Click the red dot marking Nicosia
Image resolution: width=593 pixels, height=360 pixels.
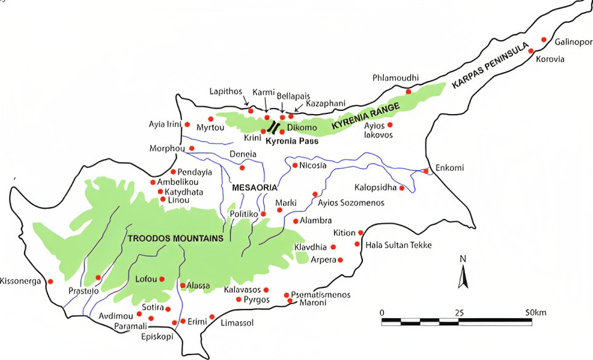(295, 165)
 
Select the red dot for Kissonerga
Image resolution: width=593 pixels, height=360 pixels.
(51, 281)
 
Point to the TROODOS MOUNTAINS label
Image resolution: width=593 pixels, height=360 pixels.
(175, 238)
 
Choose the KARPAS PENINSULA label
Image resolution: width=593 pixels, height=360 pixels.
(491, 66)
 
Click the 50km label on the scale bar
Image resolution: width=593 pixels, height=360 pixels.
(536, 313)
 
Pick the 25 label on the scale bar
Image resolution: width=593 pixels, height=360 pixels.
(459, 313)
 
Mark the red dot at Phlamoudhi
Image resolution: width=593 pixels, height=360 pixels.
(408, 91)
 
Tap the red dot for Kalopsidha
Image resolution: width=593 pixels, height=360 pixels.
(402, 187)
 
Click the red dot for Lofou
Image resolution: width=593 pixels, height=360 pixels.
(162, 279)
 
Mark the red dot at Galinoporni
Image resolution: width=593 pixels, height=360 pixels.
(544, 39)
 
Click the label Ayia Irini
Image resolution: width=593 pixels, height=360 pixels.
(165, 124)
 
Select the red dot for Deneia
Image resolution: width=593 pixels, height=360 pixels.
(242, 167)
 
